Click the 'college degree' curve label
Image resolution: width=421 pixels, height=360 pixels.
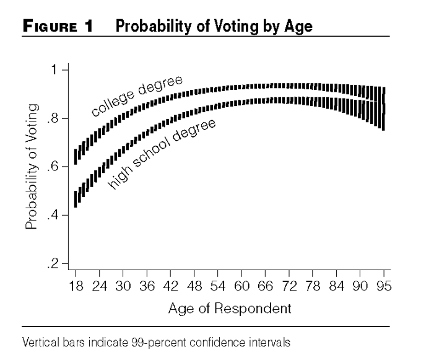137,96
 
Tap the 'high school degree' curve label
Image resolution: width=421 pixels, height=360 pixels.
162,154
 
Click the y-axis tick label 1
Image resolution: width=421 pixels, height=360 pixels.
54,70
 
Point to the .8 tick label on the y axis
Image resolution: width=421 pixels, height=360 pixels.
53,118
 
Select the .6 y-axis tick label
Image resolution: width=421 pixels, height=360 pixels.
53,167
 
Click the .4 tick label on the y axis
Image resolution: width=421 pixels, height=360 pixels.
53,215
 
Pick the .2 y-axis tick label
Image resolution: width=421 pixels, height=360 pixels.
53,264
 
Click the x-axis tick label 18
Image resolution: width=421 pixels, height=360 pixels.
76,286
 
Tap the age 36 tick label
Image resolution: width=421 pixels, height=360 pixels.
147,286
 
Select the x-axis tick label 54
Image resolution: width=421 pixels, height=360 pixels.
218,286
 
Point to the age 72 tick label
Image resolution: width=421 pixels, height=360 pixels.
289,286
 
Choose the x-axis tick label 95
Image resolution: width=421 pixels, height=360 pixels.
384,286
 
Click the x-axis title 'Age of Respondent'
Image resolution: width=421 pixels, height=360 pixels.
230,309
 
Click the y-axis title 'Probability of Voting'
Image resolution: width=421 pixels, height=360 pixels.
32,167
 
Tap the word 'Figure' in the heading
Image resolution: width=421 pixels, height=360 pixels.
50,26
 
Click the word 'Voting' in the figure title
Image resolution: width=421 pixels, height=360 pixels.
237,27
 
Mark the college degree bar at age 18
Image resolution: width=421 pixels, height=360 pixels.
76,157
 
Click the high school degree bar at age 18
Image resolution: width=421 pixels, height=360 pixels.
76,200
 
